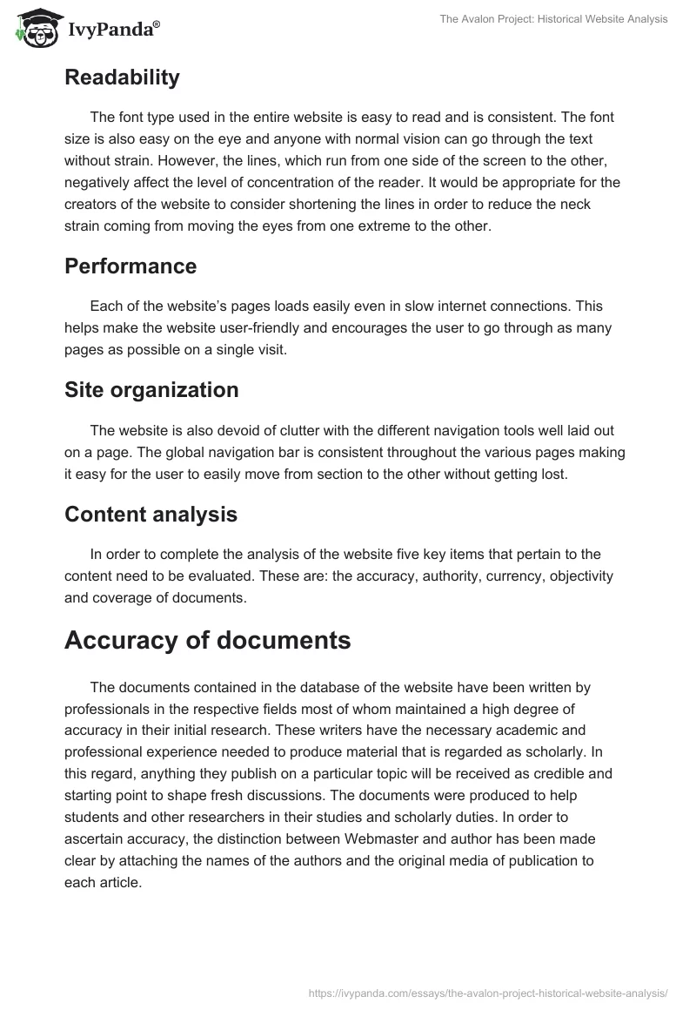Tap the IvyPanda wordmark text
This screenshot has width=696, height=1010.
(111, 30)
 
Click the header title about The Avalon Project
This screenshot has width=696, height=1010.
(553, 19)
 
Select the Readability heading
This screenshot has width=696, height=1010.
(122, 77)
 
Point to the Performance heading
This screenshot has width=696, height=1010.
(130, 266)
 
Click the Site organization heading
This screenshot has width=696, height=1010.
(151, 390)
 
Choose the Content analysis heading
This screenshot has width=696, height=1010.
(151, 514)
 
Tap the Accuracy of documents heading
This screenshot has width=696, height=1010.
(207, 640)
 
